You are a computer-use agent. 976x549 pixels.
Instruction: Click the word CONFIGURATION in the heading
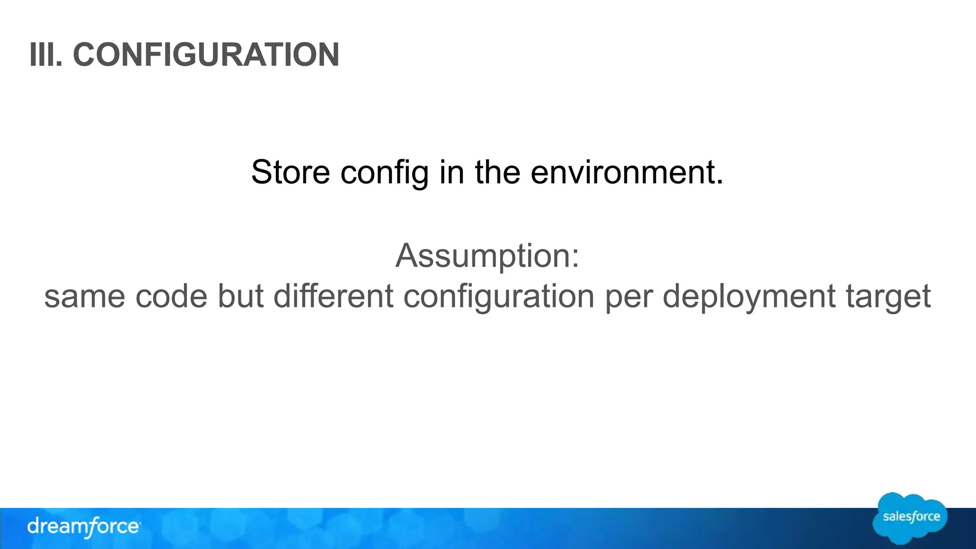point(206,55)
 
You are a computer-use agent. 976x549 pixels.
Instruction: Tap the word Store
point(290,172)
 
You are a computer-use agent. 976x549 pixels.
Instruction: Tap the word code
point(172,296)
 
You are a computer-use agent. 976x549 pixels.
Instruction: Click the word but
point(241,296)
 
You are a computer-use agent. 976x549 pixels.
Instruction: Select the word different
point(334,296)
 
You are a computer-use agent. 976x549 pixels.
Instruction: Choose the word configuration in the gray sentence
point(499,297)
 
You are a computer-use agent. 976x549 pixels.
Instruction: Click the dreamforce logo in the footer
point(84,527)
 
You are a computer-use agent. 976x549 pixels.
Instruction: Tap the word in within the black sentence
point(452,172)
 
